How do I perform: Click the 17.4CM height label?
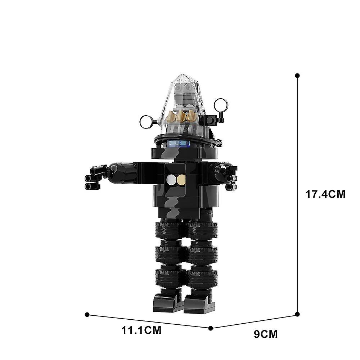point(325,194)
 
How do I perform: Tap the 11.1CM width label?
point(141,330)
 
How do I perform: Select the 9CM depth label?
point(266,334)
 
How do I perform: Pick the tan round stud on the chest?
point(181,179)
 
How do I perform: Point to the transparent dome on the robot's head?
point(183,103)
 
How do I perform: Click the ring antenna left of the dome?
point(147,122)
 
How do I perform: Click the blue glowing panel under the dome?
point(179,144)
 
